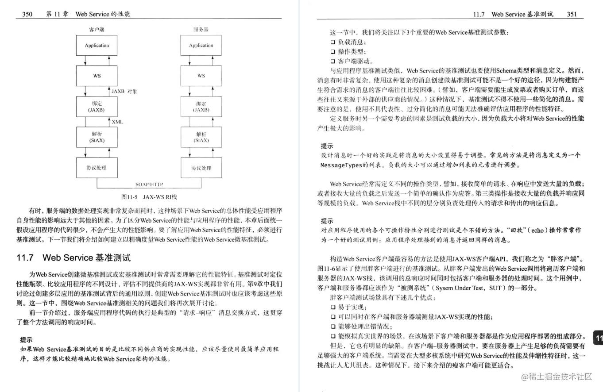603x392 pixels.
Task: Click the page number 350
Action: pos(27,14)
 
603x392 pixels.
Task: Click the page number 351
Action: pos(572,14)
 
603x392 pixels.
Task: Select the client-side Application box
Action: pos(97,46)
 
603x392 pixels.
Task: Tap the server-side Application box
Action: pos(201,46)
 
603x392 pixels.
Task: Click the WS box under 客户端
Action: pos(97,76)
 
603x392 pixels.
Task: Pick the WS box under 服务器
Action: pos(201,76)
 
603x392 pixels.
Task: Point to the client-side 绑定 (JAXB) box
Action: pos(97,107)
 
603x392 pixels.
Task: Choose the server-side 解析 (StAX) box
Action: pos(201,137)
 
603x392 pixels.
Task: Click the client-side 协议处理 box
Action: pos(97,168)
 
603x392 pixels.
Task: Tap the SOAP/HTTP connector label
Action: pos(149,184)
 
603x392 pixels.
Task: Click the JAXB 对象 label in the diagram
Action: pos(124,91)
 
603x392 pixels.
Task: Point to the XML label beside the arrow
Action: pos(117,122)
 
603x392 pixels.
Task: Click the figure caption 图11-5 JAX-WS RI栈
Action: pos(149,196)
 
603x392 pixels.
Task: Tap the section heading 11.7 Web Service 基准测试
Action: pos(73,257)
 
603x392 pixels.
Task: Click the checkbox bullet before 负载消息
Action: pos(333,42)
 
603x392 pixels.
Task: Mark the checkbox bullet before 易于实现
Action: pos(333,307)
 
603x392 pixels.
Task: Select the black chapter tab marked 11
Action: pos(598,339)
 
